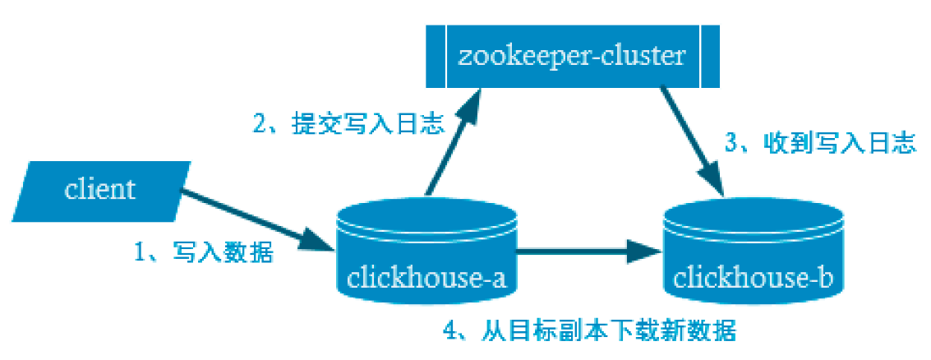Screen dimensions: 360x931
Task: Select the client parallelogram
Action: (100, 191)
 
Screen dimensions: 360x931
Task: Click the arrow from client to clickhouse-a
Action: (247, 219)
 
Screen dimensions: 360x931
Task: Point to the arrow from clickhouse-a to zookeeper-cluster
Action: (448, 148)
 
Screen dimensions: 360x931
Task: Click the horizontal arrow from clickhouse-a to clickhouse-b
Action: (583, 249)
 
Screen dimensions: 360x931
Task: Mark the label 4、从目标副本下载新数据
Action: (588, 331)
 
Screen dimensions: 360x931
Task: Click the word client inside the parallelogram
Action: (99, 190)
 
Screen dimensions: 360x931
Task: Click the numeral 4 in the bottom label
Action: (449, 332)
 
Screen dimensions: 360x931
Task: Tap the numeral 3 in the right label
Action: (731, 145)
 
